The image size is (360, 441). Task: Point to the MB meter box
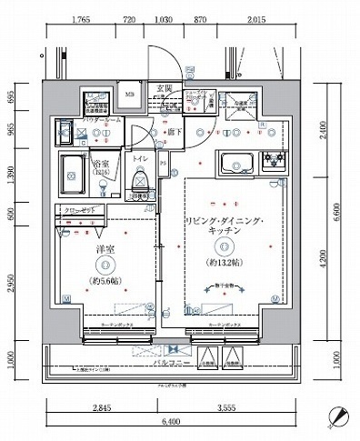point(129,93)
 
